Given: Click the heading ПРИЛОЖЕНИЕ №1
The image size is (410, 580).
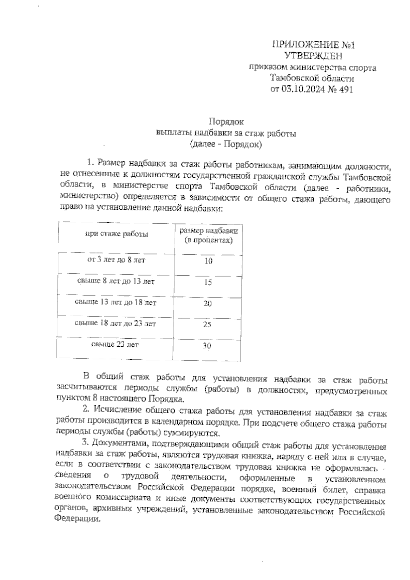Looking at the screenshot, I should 313,45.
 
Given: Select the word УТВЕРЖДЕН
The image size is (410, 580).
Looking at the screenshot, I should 313,56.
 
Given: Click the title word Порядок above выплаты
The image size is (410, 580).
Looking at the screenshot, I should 226,122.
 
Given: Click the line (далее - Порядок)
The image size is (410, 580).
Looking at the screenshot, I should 226,145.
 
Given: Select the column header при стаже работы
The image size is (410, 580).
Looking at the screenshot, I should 116,234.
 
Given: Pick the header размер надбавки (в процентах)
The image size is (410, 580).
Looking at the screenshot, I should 208,235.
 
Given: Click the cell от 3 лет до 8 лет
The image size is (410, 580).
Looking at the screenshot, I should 116,260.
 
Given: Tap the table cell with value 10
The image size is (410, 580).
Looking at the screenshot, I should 208,261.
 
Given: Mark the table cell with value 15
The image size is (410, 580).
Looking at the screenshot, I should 208,282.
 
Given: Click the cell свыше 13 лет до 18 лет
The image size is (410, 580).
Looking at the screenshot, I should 115,303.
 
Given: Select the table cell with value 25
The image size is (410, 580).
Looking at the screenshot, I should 207,324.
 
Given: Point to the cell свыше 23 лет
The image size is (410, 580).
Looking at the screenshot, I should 115,345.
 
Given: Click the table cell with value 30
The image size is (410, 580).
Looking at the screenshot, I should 207,346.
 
